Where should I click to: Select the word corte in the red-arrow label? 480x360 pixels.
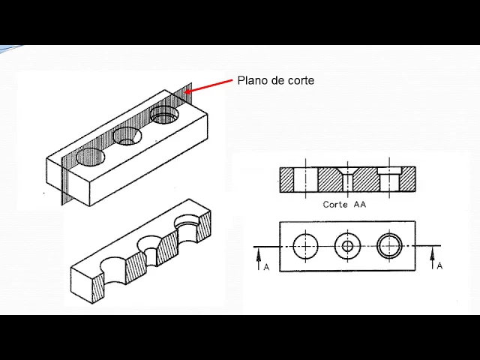coord(301,81)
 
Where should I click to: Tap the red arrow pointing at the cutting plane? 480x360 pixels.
coord(208,86)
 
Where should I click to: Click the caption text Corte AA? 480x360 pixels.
coord(344,204)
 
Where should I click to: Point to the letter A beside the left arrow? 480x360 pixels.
coord(266,267)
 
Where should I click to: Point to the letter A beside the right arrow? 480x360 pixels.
coord(439,265)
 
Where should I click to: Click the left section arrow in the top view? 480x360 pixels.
coord(259,259)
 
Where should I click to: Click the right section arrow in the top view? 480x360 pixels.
coord(432,258)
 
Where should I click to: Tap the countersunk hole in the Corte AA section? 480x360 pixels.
coord(347,179)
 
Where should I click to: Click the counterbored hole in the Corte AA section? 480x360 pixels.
coord(389,179)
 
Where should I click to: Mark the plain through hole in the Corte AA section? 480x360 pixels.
coord(306,179)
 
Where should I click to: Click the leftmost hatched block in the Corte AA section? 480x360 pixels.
coord(286,179)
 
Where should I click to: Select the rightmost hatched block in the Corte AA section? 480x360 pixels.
coord(408,179)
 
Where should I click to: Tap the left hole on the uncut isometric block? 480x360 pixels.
coord(91,157)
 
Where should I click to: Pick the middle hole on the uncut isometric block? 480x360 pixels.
coord(127,136)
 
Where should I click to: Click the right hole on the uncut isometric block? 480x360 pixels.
coord(165,115)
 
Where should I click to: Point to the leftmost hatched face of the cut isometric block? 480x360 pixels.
coord(98,288)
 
